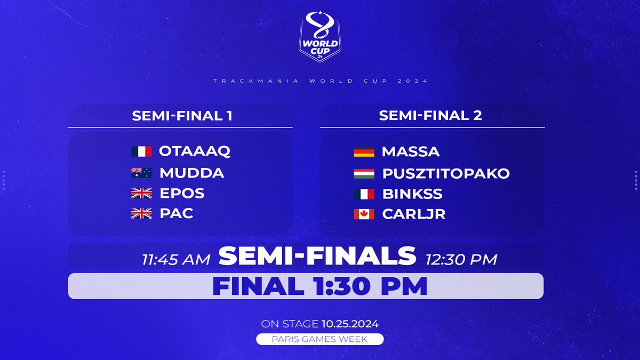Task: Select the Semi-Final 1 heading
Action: click(182, 116)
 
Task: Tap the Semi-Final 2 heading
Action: click(430, 116)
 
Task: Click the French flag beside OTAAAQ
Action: click(141, 151)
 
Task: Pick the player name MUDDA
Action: click(192, 173)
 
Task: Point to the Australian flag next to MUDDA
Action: click(141, 173)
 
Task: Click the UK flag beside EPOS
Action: click(141, 193)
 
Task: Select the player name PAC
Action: click(177, 214)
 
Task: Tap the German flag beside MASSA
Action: click(364, 152)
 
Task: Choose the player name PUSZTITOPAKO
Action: click(446, 174)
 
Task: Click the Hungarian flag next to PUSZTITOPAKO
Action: click(364, 173)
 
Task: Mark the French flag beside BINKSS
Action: click(364, 194)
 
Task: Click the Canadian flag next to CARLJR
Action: click(364, 214)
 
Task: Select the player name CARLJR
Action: click(413, 214)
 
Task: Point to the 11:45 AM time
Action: click(176, 260)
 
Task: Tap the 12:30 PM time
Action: click(461, 260)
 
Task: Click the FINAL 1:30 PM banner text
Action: click(319, 286)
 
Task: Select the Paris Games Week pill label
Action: click(319, 339)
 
